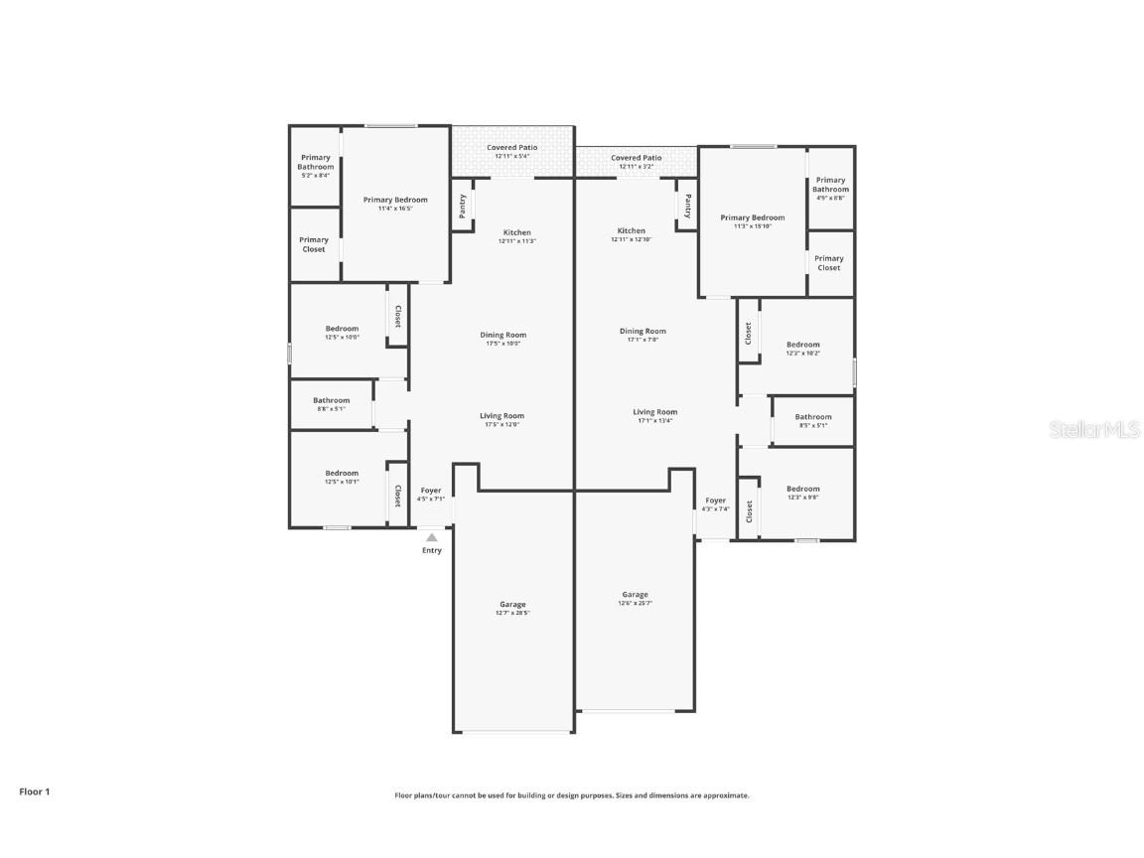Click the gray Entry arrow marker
pyautogui.click(x=431, y=537)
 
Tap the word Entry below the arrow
pyautogui.click(x=432, y=550)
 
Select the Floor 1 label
pyautogui.click(x=34, y=791)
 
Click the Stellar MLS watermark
pyautogui.click(x=1096, y=429)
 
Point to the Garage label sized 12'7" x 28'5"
pyautogui.click(x=512, y=608)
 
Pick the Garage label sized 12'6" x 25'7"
pyautogui.click(x=636, y=598)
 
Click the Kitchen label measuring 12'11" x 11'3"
pyautogui.click(x=516, y=236)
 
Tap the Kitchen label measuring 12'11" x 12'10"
pyautogui.click(x=631, y=234)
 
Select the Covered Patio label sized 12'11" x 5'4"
pyautogui.click(x=512, y=151)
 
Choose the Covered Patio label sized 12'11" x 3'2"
pyautogui.click(x=636, y=161)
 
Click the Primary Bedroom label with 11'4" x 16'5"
pyautogui.click(x=395, y=204)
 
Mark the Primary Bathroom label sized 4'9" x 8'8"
pyautogui.click(x=830, y=189)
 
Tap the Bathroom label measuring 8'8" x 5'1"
pyautogui.click(x=332, y=404)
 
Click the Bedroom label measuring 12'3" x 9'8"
pyautogui.click(x=803, y=493)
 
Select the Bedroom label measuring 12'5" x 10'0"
pyautogui.click(x=342, y=333)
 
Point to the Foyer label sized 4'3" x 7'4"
pyautogui.click(x=716, y=504)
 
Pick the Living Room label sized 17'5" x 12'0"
pyautogui.click(x=503, y=420)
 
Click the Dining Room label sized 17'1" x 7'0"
pyautogui.click(x=643, y=335)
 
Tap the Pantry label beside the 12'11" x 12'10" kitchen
pyautogui.click(x=687, y=206)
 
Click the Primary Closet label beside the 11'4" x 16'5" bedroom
pyautogui.click(x=314, y=244)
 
